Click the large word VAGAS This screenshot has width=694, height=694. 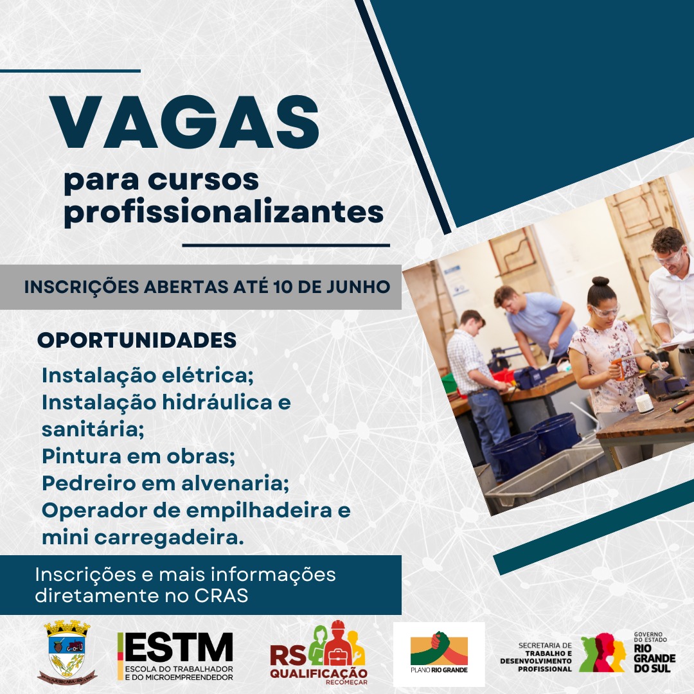184,121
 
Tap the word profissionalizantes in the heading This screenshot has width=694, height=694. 224,213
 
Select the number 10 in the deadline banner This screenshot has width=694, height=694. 283,287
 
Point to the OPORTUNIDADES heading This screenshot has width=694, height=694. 138,341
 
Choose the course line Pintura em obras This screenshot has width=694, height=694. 139,456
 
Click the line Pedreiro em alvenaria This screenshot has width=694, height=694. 166,483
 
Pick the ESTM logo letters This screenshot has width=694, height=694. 179,648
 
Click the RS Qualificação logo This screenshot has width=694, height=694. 319,652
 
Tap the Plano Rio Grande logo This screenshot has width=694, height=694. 439,655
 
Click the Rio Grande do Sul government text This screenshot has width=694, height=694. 655,652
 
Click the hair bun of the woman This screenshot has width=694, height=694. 600,281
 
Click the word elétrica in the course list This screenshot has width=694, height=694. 208,375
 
